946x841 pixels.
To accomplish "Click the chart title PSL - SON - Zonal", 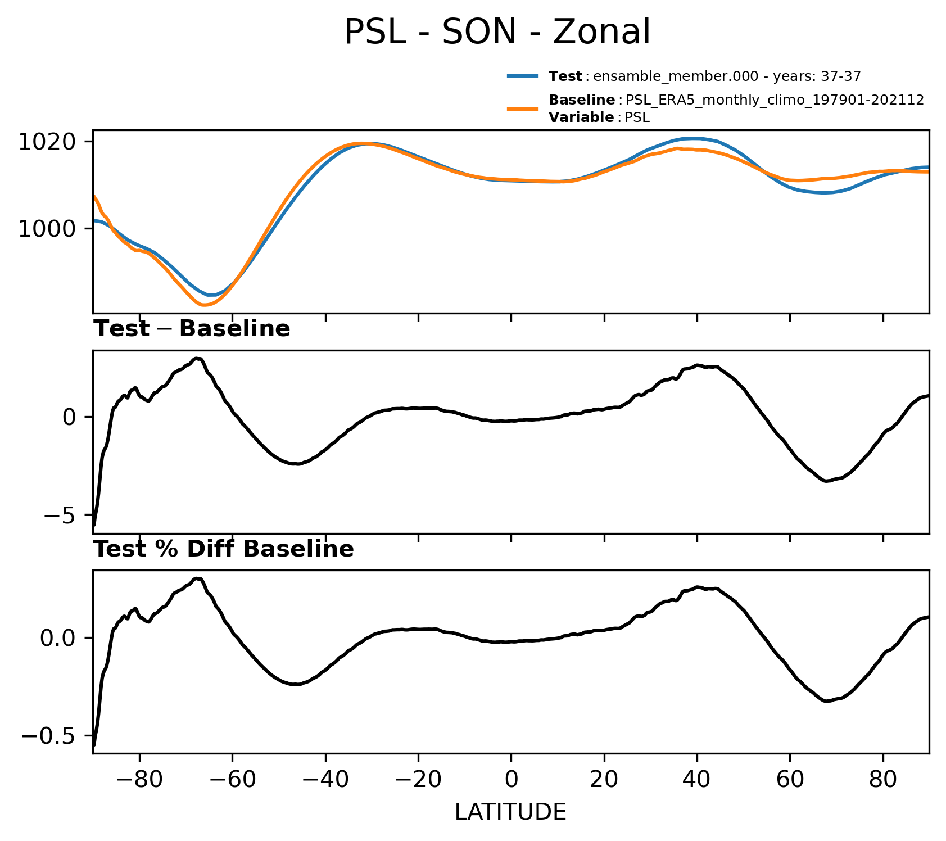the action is [497, 32].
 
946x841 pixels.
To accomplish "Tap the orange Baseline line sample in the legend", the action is [523, 109].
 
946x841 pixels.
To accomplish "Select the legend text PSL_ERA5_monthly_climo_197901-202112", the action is [775, 100].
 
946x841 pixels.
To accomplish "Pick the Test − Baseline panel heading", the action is [192, 329].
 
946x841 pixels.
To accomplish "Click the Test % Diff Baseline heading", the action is [224, 549].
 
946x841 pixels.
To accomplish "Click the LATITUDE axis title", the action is [510, 812].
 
